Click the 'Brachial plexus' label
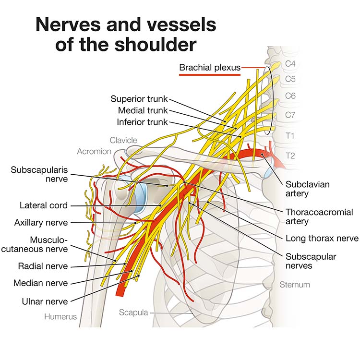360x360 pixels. point(210,68)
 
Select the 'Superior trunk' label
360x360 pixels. point(139,99)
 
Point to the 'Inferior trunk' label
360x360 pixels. point(143,122)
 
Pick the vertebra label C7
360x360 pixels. point(290,115)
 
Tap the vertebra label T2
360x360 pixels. point(290,155)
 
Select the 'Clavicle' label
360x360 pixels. point(123,140)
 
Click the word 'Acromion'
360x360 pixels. point(94,152)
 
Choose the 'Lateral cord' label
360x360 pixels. point(44,205)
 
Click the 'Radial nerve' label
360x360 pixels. point(43,266)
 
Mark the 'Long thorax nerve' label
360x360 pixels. point(322,239)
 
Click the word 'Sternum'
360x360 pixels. point(295,285)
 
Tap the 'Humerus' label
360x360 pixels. point(60,317)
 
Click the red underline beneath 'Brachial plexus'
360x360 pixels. point(210,75)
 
